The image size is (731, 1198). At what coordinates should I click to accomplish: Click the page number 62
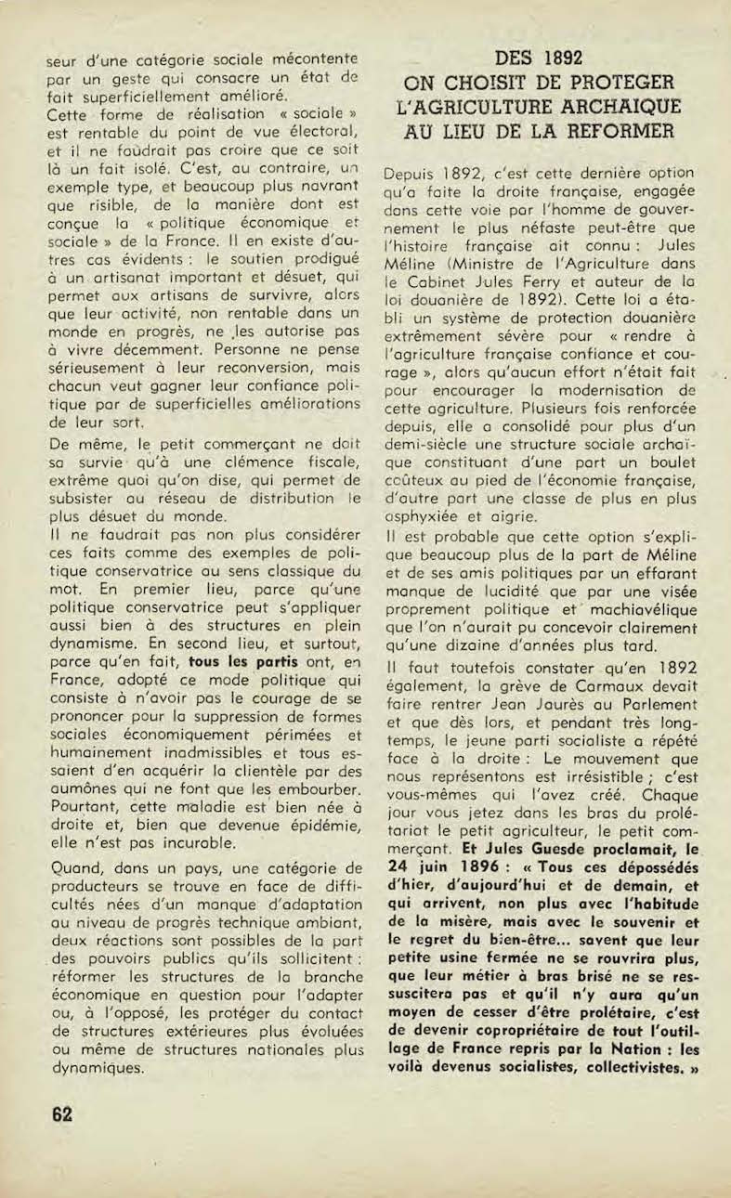[x=62, y=1113]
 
